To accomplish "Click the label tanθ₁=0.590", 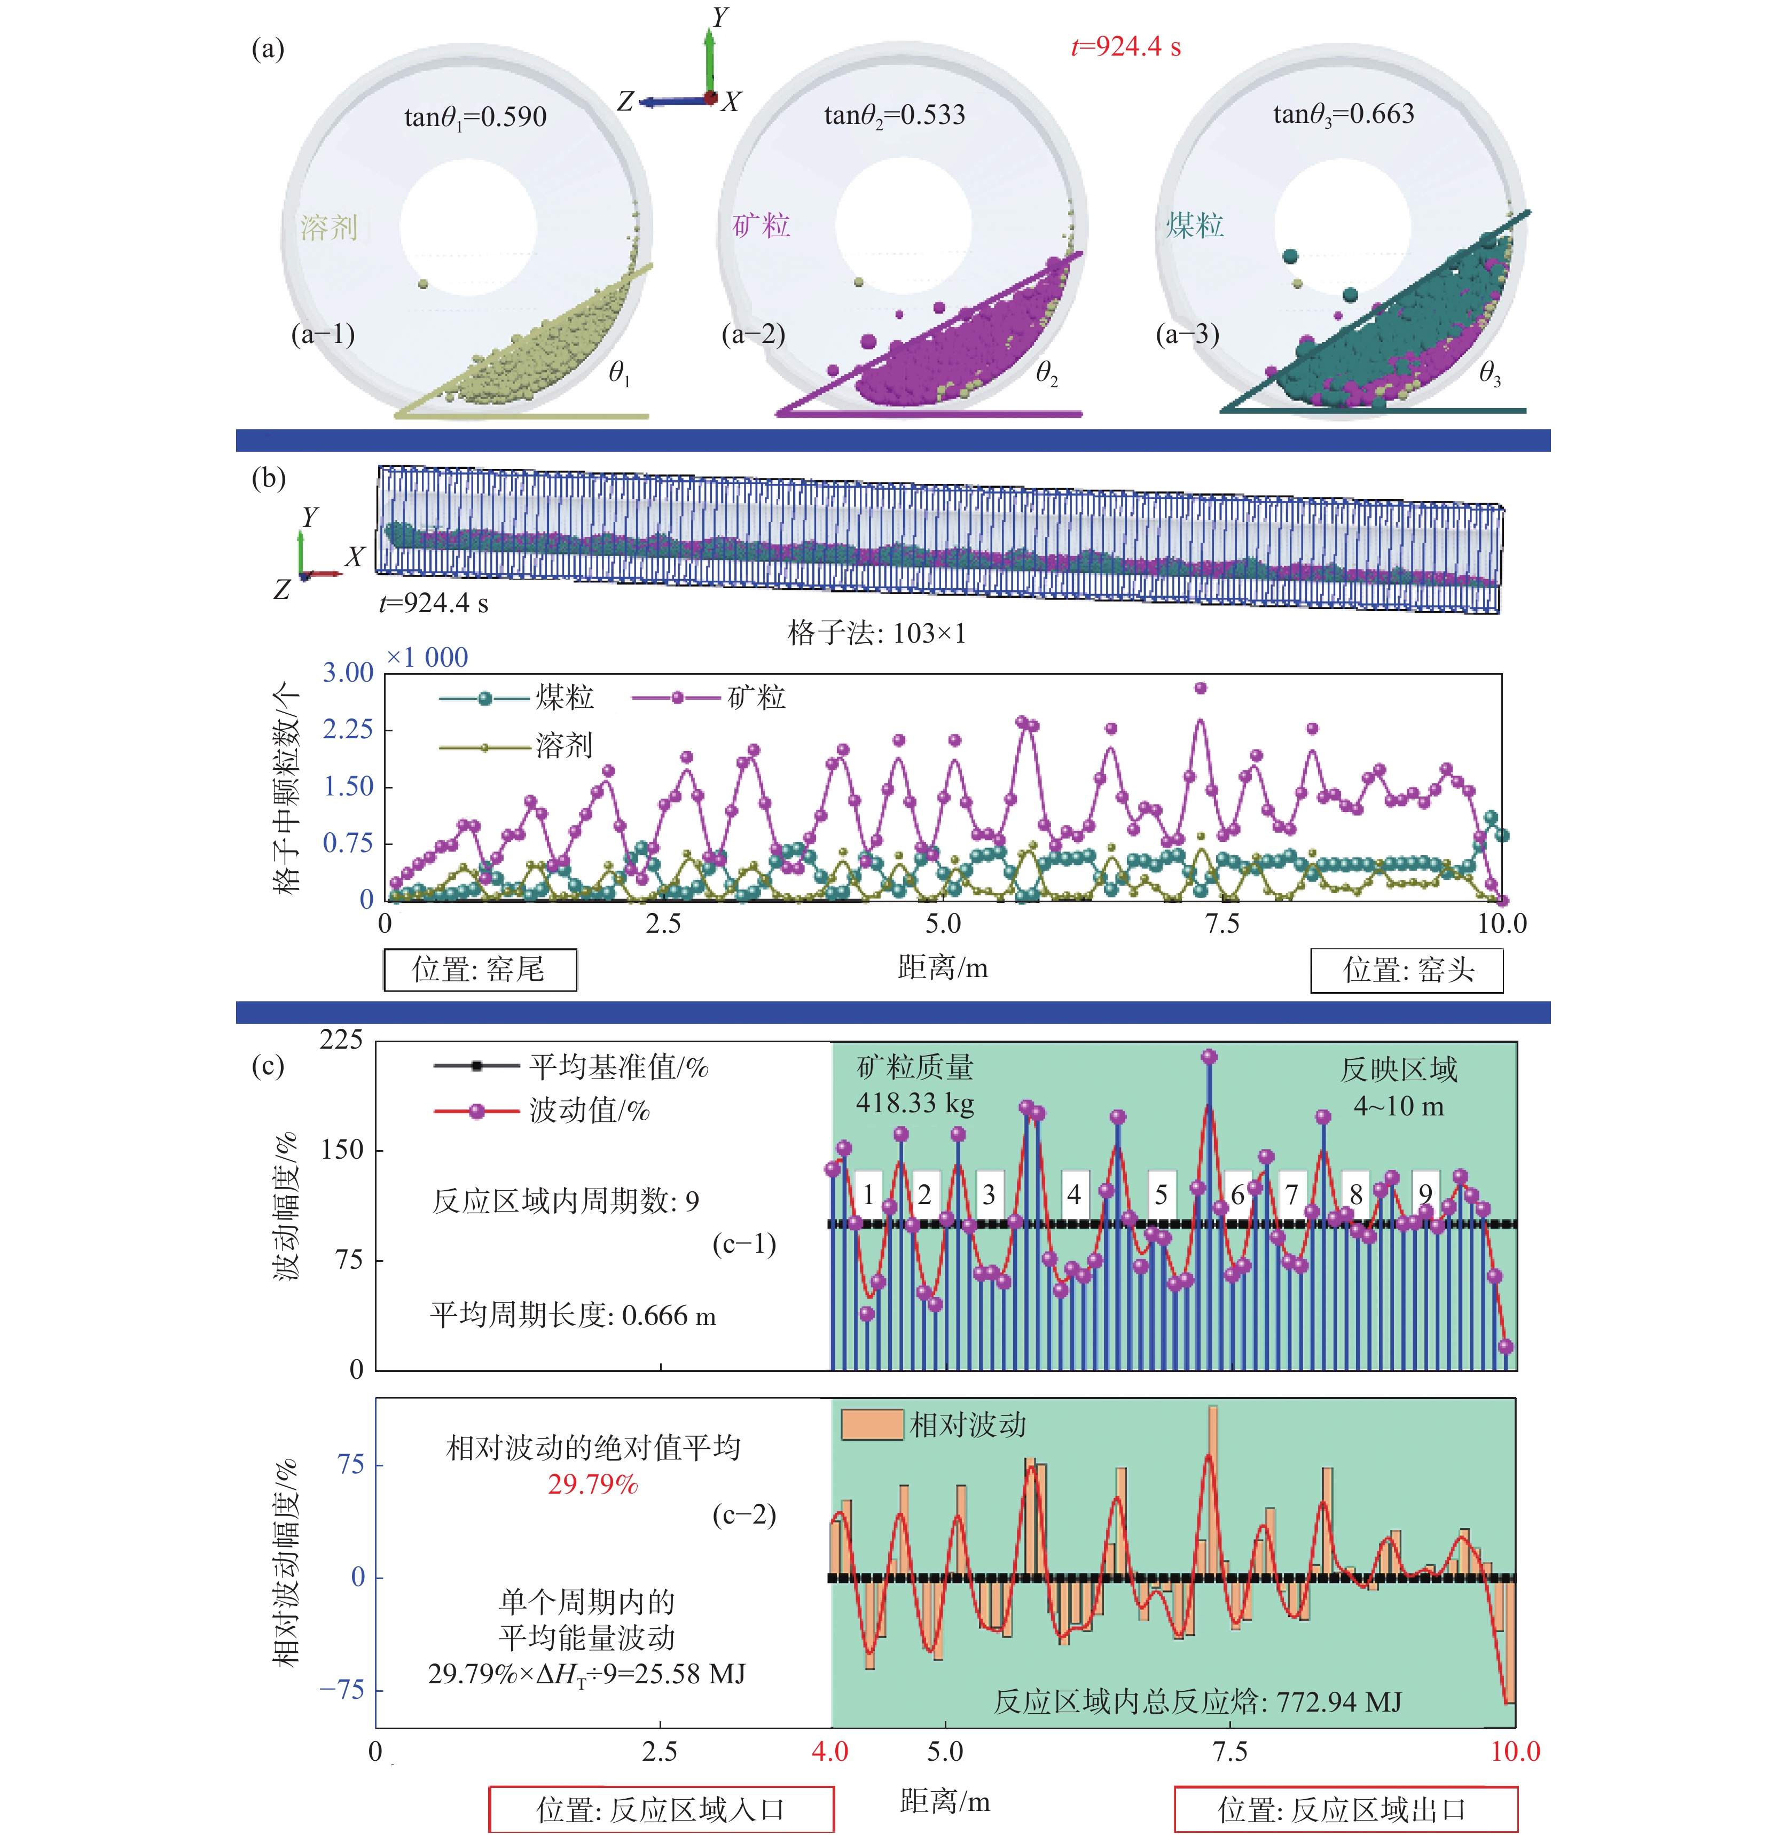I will pyautogui.click(x=475, y=118).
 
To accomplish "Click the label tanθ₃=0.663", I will pyautogui.click(x=1343, y=114).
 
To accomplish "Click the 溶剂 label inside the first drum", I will pyautogui.click(x=328, y=227).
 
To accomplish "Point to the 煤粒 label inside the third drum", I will pyautogui.click(x=1195, y=225).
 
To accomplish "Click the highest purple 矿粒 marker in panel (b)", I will pyautogui.click(x=1201, y=688).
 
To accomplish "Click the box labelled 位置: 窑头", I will pyautogui.click(x=1407, y=970).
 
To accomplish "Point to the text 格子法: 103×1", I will pyautogui.click(x=876, y=634).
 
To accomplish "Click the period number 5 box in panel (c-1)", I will pyautogui.click(x=1161, y=1195).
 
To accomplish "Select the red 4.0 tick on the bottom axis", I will pyautogui.click(x=830, y=1752).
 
